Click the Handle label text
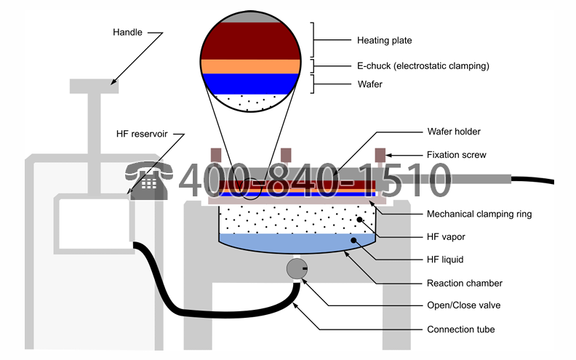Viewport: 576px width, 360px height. [127, 32]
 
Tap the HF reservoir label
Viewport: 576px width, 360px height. [142, 134]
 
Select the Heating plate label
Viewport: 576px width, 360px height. [384, 41]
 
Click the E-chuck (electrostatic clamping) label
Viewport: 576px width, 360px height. [423, 66]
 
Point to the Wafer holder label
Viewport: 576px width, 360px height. [454, 132]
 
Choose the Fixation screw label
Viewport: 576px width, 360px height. [456, 155]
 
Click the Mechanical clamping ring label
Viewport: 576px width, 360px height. [479, 214]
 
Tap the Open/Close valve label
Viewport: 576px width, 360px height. [463, 305]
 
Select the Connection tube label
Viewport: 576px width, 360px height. [460, 329]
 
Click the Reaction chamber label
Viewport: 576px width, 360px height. [464, 283]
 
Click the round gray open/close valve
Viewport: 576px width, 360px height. [297, 268]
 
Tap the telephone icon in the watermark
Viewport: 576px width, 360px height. [149, 180]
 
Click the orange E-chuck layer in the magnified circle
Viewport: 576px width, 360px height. [251, 66]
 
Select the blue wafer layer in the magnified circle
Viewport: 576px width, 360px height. [251, 84]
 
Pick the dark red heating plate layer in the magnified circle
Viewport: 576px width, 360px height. [251, 41]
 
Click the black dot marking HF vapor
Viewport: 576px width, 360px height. [359, 220]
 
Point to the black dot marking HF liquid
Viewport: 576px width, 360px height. [353, 240]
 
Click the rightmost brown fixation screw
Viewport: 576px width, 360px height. [380, 155]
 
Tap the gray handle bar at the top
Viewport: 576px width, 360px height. [94, 87]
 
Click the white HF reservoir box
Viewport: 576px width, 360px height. [94, 224]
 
